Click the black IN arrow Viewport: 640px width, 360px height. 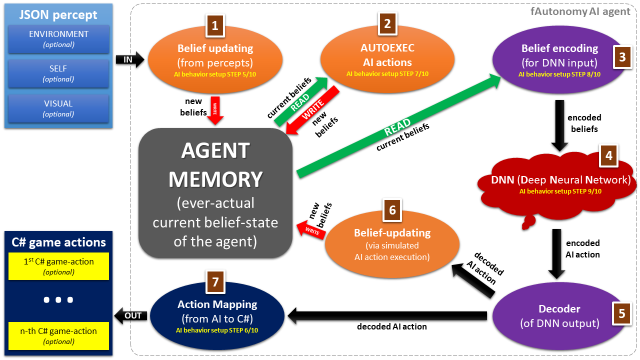pos(130,59)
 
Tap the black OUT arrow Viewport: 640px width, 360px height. pos(130,315)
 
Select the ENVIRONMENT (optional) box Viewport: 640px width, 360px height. pos(58,39)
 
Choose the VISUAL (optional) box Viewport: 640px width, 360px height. pos(58,108)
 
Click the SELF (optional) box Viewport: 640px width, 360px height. pos(58,73)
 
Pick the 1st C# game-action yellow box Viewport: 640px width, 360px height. pos(58,266)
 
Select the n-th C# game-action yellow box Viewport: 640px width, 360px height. pos(58,335)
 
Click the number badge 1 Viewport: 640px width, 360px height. pos(215,26)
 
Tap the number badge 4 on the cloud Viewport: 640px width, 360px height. pos(608,155)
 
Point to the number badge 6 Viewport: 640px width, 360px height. pos(392,210)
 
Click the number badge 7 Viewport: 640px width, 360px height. pos(215,282)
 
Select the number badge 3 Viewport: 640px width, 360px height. pos(622,57)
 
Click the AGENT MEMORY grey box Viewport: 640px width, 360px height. pos(215,193)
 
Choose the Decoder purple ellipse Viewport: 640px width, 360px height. pos(559,316)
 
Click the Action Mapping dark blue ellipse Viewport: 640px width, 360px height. pos(217,316)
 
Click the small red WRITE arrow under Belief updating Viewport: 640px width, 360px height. pos(215,110)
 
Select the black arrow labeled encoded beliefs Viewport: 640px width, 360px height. pos(559,125)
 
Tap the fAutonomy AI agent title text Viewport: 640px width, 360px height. pos(580,11)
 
